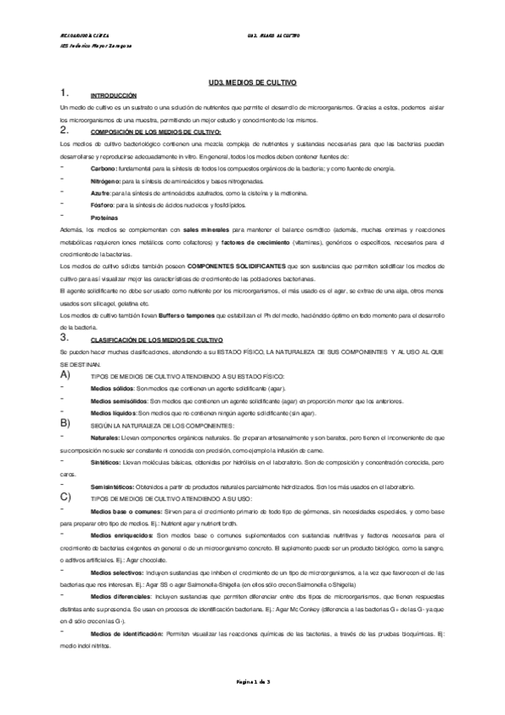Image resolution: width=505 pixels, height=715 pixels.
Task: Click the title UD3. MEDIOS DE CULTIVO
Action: (x=252, y=83)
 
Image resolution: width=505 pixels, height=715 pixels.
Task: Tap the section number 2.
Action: (x=64, y=132)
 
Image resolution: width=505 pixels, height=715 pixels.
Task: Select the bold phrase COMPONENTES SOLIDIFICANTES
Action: (x=241, y=265)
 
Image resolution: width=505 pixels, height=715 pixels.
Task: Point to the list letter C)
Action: (x=67, y=497)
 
